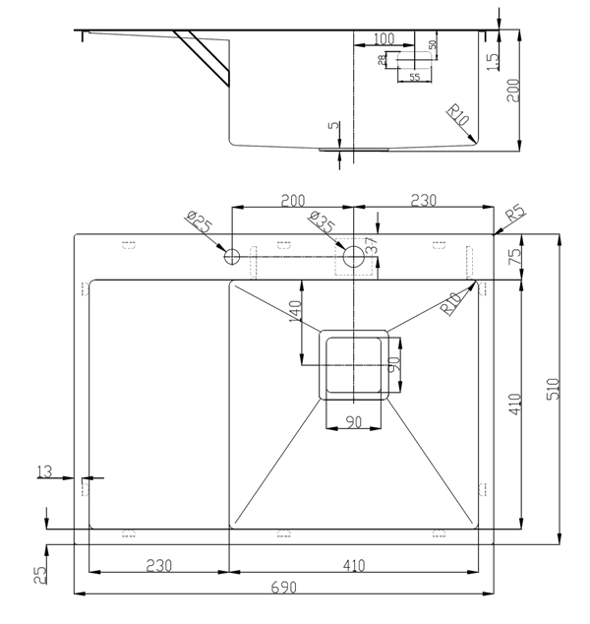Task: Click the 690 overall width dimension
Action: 284,588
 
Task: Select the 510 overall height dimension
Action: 554,389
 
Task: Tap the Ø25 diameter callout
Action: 199,222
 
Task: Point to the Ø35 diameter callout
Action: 322,221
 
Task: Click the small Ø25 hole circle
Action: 232,257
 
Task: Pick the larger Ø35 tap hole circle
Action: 353,256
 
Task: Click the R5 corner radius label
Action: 515,214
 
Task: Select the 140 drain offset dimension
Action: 295,311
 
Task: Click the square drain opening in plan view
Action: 353,365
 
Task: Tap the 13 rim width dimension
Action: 44,471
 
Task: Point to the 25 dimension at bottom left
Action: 40,576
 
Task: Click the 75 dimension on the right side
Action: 515,257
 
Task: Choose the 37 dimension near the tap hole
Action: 371,245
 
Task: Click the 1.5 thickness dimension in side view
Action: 493,62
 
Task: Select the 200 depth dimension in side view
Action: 513,91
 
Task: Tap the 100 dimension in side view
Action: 384,38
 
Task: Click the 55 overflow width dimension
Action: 415,77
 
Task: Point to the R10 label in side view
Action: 458,114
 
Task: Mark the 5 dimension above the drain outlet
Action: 334,125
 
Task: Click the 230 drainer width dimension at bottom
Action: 159,566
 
